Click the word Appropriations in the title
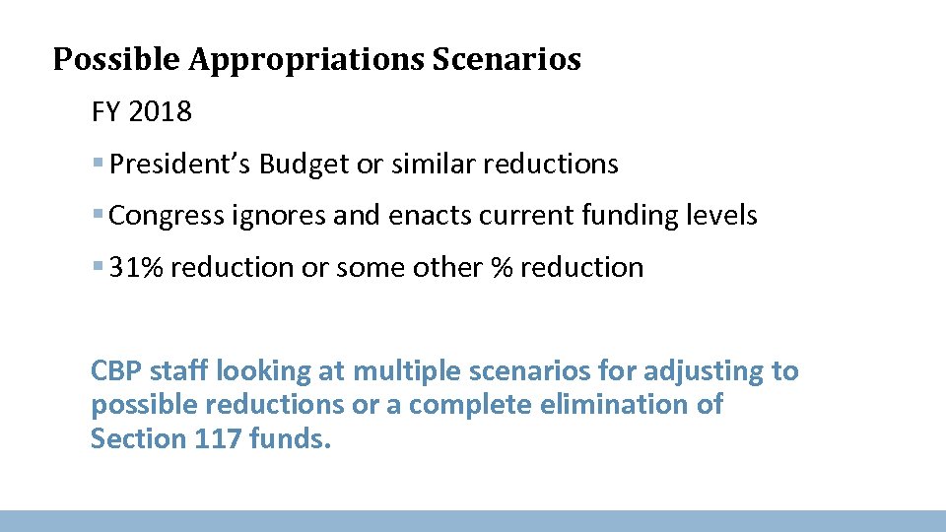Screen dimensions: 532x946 (x=306, y=60)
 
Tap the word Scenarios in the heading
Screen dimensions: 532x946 (x=507, y=60)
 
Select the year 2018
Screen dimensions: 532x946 (x=160, y=112)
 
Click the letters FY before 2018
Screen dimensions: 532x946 (x=106, y=112)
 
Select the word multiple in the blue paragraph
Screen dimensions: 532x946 (x=402, y=371)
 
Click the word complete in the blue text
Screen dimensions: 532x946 (x=467, y=405)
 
